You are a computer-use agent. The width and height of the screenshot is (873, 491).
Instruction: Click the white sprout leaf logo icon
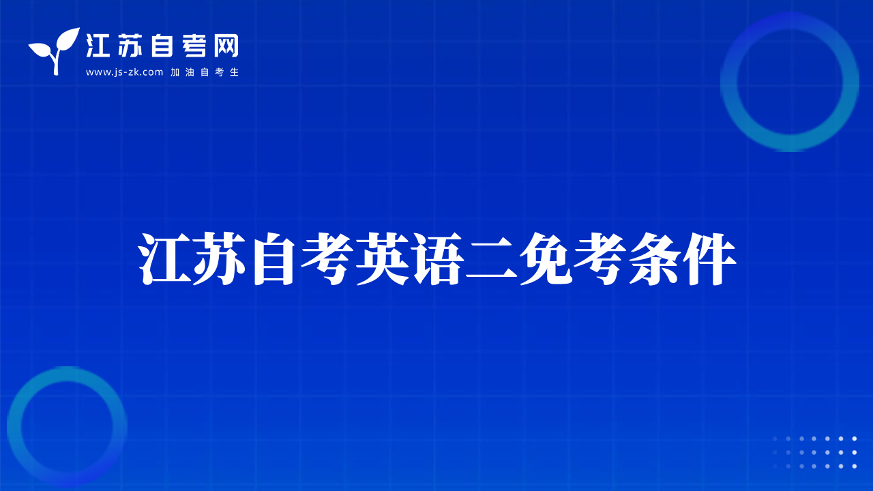tap(55, 50)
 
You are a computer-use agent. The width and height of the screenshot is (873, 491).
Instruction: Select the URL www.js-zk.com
tap(124, 72)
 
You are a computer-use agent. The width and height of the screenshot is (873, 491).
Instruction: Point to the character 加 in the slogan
tap(175, 72)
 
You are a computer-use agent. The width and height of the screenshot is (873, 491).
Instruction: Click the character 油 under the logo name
tap(190, 72)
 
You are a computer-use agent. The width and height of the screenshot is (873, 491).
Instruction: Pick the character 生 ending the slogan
tap(234, 72)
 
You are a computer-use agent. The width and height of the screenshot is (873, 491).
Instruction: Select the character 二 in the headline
tap(492, 258)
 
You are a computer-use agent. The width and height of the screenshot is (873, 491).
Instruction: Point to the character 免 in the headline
tap(546, 258)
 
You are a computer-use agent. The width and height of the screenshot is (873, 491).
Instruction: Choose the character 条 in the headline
tap(655, 258)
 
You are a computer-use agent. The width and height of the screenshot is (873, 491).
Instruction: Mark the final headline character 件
tap(709, 258)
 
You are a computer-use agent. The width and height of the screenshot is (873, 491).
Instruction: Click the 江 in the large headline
tap(165, 258)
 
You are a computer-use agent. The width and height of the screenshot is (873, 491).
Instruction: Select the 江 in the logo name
tap(98, 46)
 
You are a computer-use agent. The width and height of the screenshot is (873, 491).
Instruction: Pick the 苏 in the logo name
tap(130, 46)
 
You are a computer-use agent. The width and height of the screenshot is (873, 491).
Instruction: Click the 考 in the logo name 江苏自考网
tap(194, 46)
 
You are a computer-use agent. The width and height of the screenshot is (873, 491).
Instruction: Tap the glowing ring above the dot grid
tap(729, 83)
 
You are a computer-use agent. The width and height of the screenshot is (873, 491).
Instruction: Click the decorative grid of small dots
tap(814, 452)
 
